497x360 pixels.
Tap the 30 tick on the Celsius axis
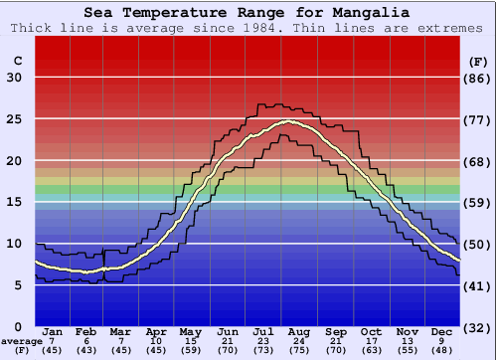click(15, 79)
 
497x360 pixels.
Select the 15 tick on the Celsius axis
click(15, 203)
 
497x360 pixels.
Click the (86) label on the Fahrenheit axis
click(478, 79)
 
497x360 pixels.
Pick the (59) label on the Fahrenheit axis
click(478, 203)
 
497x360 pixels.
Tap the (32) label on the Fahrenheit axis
click(478, 327)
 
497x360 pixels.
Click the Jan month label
click(54, 330)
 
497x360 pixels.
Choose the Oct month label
click(371, 330)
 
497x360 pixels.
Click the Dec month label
click(442, 330)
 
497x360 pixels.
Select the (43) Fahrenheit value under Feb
click(85, 350)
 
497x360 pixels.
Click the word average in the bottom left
click(21, 340)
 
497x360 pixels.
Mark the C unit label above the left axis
click(17, 62)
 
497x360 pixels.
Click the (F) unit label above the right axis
click(478, 62)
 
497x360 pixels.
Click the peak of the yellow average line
click(288, 121)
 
